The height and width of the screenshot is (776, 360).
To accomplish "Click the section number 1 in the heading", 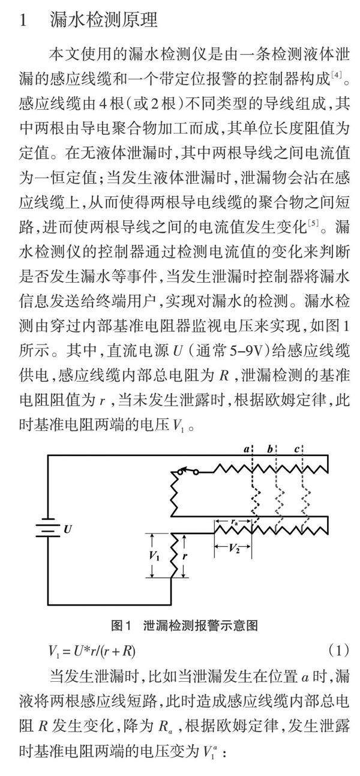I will point(23,20).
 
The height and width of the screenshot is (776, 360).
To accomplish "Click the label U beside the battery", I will point(67,529).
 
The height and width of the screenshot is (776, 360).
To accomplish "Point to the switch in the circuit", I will point(186,472).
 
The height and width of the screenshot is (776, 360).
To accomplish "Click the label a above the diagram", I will point(246,450).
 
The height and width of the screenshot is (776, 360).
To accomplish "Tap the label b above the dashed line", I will point(271,449).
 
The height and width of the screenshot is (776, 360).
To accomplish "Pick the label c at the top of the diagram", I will point(298,449).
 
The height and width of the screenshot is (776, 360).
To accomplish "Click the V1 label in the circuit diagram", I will point(155,555).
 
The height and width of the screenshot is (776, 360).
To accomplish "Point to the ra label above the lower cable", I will point(234,522).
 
